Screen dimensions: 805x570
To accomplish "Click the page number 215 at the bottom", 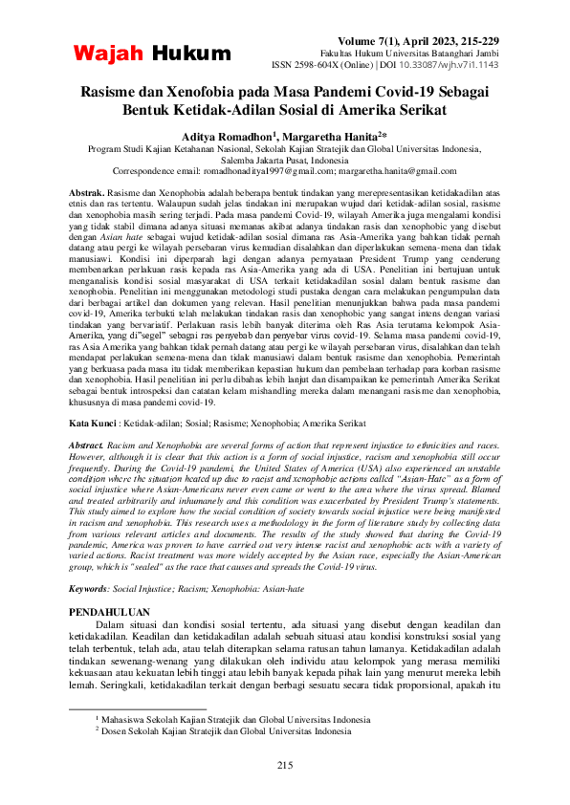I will pyautogui.click(x=284, y=764).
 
